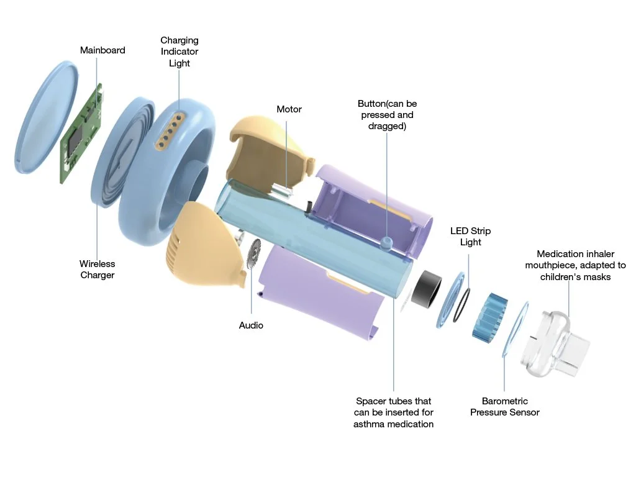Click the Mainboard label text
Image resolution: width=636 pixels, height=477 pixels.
coord(102,50)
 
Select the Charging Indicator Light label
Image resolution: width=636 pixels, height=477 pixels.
coord(179,52)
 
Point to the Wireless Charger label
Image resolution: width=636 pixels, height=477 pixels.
coord(98,270)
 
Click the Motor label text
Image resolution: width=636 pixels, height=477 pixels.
coord(289,109)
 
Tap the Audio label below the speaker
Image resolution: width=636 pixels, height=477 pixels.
coord(251,325)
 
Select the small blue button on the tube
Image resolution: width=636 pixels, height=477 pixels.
coord(387,240)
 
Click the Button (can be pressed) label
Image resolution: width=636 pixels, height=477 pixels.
coord(387,115)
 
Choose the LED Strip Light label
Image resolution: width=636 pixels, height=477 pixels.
coord(470,237)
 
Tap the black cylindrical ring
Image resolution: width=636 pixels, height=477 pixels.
coord(427,289)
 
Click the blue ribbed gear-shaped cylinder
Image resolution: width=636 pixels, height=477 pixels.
coord(490,316)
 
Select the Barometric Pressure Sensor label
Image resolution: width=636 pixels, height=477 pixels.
coord(504,407)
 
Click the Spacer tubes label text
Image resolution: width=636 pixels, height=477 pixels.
coord(393,412)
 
